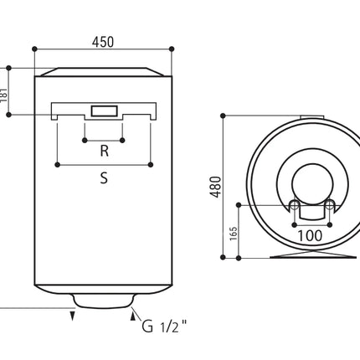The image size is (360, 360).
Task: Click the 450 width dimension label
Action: click(103, 42)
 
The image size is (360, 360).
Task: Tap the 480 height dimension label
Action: click(216, 187)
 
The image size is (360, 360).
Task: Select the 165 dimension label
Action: click(233, 234)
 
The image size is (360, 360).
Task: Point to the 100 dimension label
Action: click(310, 236)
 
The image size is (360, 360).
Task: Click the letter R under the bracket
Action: click(104, 151)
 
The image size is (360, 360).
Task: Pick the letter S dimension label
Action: click(104, 177)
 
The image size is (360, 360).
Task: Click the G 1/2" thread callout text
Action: click(164, 326)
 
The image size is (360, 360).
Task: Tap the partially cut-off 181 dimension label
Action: click(3, 95)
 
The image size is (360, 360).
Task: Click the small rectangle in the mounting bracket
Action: click(104, 111)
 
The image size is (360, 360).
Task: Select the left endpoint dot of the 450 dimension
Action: click(34, 49)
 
